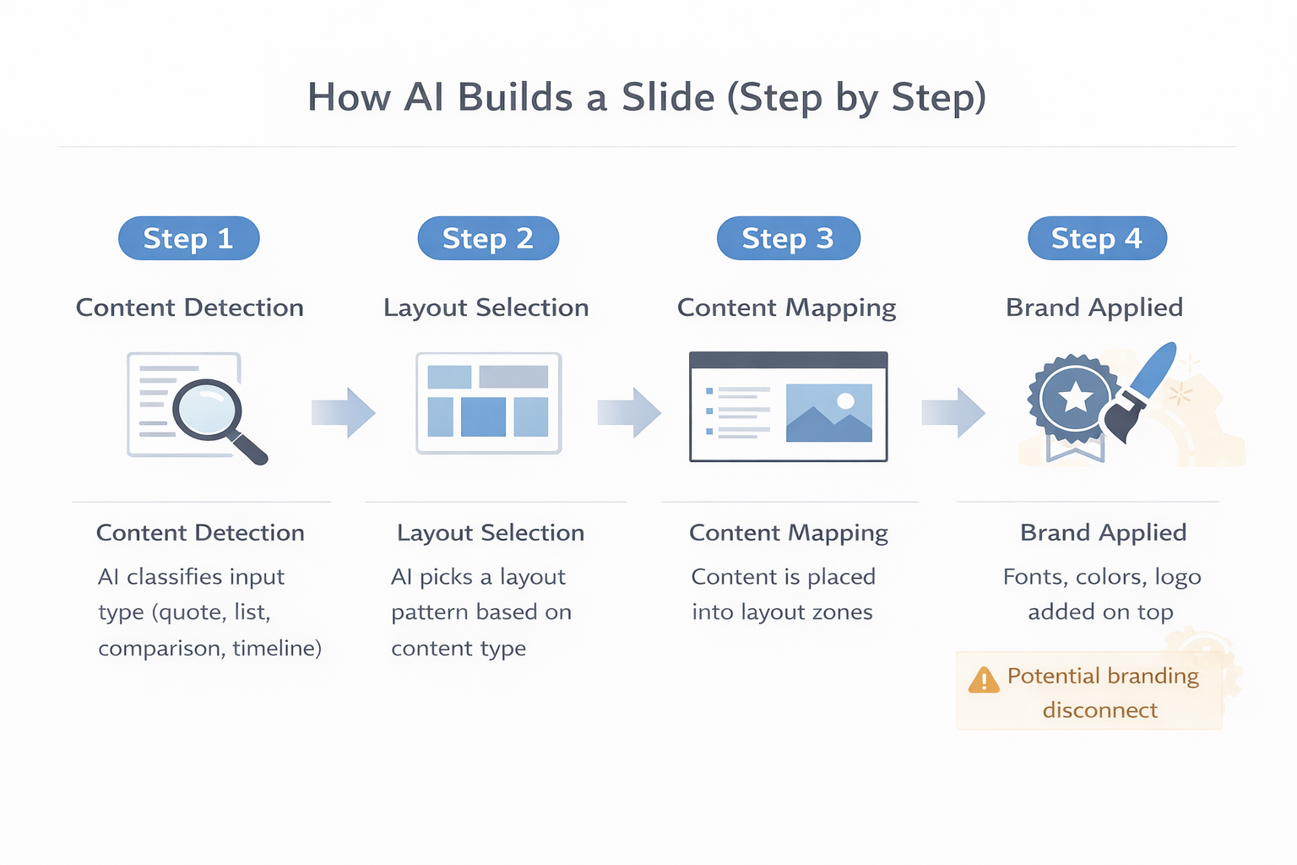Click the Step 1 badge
[x=188, y=238]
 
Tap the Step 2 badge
[x=488, y=238]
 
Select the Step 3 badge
[x=788, y=238]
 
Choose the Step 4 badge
[x=1097, y=238]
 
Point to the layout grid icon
[x=488, y=403]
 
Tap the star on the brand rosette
[x=1075, y=397]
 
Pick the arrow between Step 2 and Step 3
[x=629, y=412]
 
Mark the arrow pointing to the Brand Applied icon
[x=953, y=412]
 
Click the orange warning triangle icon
[x=984, y=680]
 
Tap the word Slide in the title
[x=668, y=97]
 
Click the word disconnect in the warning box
[x=1099, y=710]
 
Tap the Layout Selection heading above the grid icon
[x=486, y=307]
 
